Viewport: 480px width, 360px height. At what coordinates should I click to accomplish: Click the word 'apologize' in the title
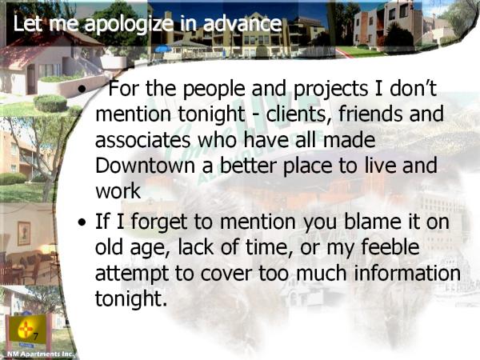(129, 24)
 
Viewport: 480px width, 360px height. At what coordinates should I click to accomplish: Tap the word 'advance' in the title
(242, 23)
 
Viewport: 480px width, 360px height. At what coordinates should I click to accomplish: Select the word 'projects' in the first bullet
(330, 90)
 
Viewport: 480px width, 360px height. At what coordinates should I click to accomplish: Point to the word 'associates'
(143, 140)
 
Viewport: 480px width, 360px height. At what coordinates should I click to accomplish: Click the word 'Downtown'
(145, 166)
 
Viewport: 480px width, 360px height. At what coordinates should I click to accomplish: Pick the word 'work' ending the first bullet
(118, 192)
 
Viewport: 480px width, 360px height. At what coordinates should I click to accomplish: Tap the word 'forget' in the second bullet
(159, 222)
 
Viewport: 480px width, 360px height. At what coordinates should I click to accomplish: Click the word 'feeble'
(390, 246)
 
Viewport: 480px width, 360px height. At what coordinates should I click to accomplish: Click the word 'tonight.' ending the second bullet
(131, 298)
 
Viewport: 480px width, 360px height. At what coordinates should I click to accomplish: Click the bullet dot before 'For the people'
(82, 90)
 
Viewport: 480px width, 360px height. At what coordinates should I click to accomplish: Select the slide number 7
(35, 337)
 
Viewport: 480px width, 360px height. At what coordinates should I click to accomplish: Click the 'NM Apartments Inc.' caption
(41, 354)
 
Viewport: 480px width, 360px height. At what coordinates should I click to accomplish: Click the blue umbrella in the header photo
(163, 49)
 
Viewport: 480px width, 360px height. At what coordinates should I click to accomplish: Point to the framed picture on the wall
(24, 234)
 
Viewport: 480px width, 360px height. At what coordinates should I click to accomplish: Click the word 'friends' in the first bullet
(371, 114)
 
